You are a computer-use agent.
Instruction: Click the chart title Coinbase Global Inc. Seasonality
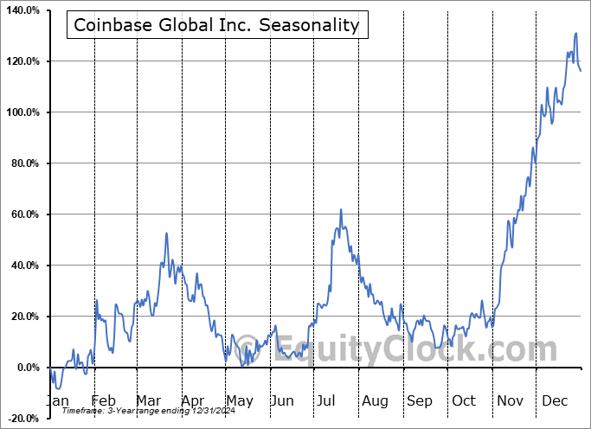pyautogui.click(x=216, y=25)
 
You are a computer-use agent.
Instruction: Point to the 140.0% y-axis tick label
pyautogui.click(x=22, y=10)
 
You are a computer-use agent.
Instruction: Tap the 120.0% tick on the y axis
pyautogui.click(x=22, y=61)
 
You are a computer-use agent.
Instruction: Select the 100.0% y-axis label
pyautogui.click(x=22, y=112)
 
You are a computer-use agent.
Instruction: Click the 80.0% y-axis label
pyautogui.click(x=24, y=163)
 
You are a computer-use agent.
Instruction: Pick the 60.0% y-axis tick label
pyautogui.click(x=24, y=214)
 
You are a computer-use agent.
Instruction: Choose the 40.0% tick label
pyautogui.click(x=24, y=266)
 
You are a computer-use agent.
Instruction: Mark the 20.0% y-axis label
pyautogui.click(x=24, y=317)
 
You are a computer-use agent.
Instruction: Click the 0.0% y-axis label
pyautogui.click(x=27, y=368)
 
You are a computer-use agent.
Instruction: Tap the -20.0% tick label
pyautogui.click(x=22, y=419)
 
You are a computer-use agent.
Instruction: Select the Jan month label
pyautogui.click(x=58, y=401)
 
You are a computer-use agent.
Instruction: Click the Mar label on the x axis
pyautogui.click(x=148, y=401)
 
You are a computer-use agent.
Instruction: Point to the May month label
pyautogui.click(x=240, y=401)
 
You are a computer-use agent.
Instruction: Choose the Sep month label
pyautogui.click(x=420, y=401)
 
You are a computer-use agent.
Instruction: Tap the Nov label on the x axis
pyautogui.click(x=510, y=401)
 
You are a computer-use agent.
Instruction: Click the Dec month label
pyautogui.click(x=555, y=401)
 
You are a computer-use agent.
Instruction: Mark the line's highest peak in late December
pyautogui.click(x=576, y=34)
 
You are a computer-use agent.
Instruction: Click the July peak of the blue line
pyautogui.click(x=341, y=209)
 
